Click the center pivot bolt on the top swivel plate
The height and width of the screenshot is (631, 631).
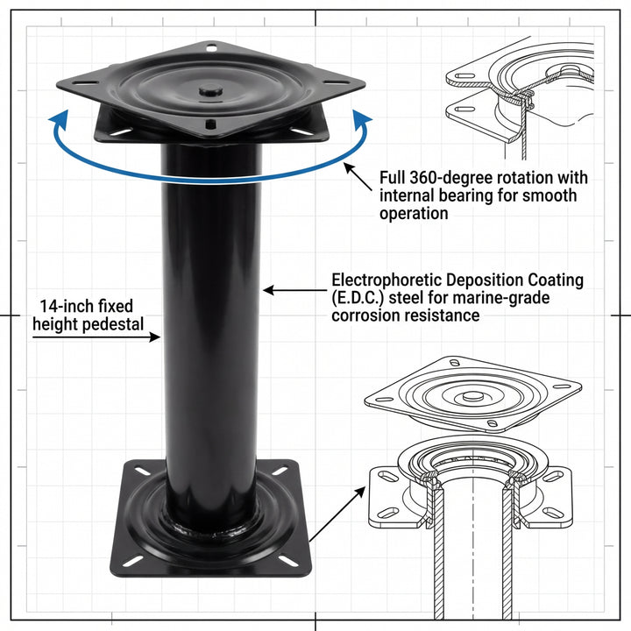point(209,89)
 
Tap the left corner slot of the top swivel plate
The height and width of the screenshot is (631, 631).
point(83,83)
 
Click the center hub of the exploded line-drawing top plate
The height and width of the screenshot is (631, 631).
point(471,395)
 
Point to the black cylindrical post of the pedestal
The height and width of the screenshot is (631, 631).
point(209,333)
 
